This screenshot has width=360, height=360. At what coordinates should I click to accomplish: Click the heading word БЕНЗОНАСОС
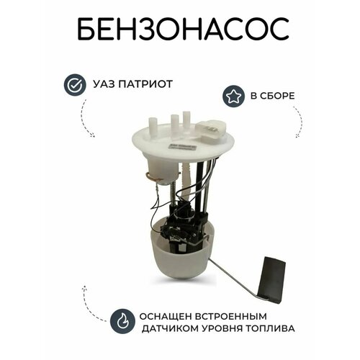[x=179, y=30]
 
